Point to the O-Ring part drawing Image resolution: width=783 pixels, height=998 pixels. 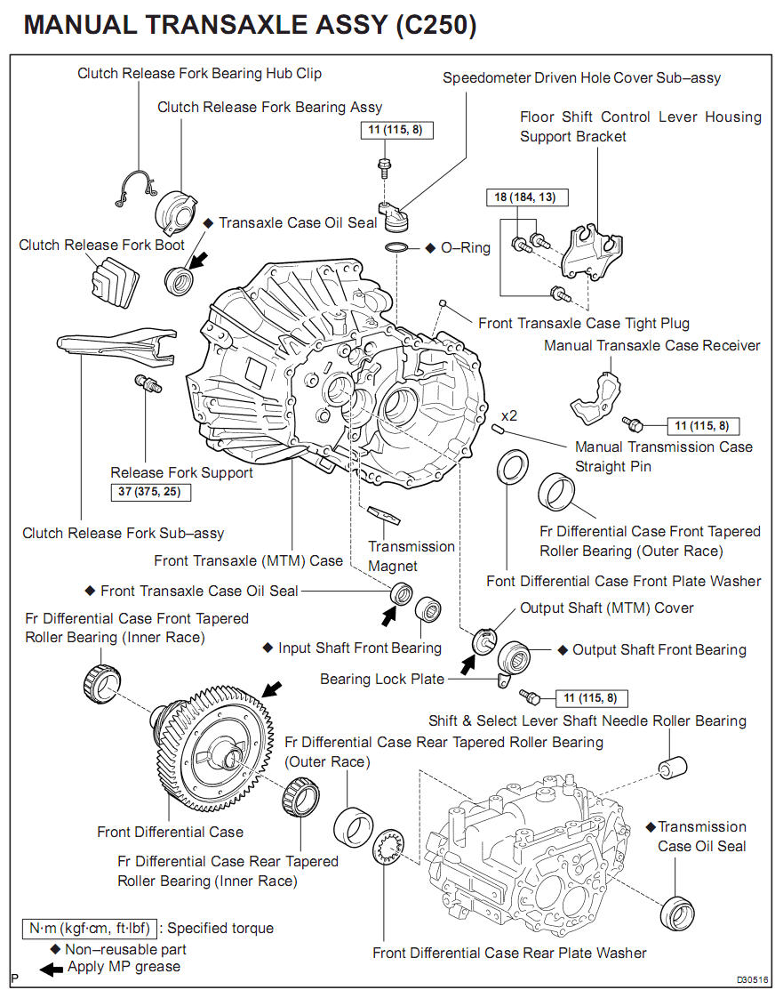coord(398,246)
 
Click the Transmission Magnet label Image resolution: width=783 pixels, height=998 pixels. coord(411,556)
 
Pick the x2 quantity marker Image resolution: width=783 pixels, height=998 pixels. coord(509,415)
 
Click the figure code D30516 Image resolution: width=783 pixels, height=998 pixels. coord(751,979)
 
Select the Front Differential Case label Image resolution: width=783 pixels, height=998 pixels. coord(170,832)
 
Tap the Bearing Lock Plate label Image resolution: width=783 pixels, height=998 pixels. coord(382,679)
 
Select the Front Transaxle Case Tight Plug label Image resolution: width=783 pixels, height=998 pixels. coord(583,323)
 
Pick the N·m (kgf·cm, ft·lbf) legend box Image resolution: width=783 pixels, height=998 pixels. coord(91,929)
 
